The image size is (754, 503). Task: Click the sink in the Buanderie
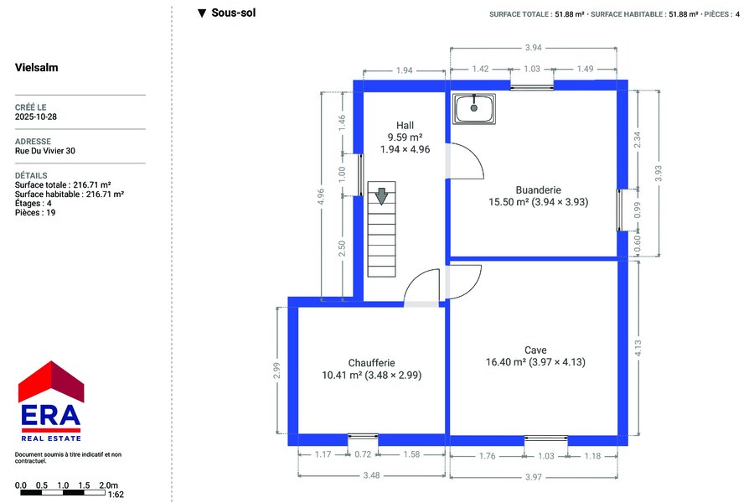pos(474,108)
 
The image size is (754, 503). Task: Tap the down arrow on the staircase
pos(381,196)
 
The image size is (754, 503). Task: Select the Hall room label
pos(405,125)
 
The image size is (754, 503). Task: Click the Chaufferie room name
pos(372,363)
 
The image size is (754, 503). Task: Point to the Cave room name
pos(535,350)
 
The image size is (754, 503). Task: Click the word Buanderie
pos(538,189)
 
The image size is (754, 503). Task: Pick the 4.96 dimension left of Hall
pos(321,196)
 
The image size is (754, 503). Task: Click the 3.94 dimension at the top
pos(534,48)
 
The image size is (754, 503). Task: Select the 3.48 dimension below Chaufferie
pos(372,475)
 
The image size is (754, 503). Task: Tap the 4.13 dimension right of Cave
pos(638,348)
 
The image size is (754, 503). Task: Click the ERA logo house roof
pos(51,381)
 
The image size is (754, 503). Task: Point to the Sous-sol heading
pos(234,13)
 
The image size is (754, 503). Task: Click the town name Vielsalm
pos(37,67)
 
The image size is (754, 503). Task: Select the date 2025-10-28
pos(35,117)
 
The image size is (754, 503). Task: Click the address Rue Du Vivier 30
pos(44,151)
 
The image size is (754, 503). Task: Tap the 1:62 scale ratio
pos(116,495)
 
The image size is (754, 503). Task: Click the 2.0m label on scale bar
pos(108,485)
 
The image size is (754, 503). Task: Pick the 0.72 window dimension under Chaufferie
pos(363,454)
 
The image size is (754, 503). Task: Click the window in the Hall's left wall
pos(360,174)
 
